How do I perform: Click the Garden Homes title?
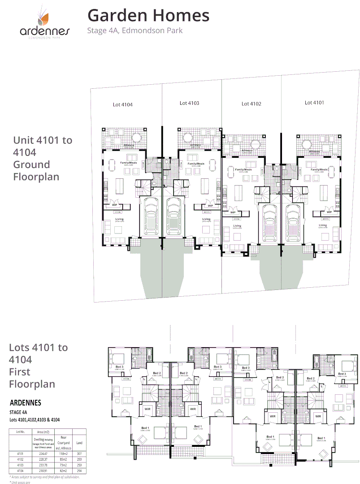148,15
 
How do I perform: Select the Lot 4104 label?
122,104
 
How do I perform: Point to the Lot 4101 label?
314,103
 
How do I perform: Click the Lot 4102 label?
251,104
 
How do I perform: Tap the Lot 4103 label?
189,103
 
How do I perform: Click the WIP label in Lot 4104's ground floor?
114,205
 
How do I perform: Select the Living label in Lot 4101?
323,225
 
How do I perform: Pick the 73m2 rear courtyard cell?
64,465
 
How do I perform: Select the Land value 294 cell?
79,471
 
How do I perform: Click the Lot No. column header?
20,431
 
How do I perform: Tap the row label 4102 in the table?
20,459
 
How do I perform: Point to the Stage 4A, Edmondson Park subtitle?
134,31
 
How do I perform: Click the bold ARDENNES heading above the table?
25,403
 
